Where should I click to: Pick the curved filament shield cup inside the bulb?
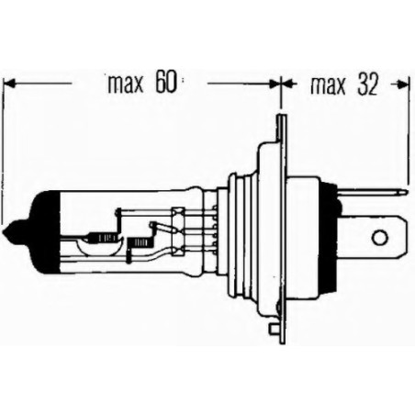point(98,241)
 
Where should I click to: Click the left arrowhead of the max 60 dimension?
point(11,84)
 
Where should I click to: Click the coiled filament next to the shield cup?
point(140,241)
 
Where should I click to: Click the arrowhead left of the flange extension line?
point(272,84)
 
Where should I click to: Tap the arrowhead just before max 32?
point(286,84)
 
